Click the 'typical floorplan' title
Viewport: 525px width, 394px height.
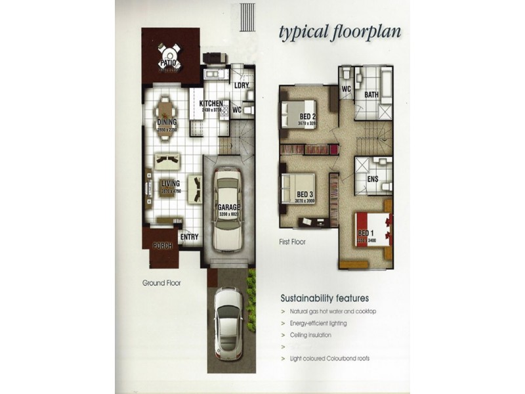pos(340,33)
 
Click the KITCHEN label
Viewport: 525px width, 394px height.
pos(211,104)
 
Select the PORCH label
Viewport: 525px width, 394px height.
pos(161,246)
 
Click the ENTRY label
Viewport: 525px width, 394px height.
pos(189,237)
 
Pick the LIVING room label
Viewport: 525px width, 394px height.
pos(169,184)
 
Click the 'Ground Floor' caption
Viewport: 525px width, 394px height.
pos(161,283)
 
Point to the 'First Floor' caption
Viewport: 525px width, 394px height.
pos(292,242)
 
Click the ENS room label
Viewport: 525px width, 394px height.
pos(373,179)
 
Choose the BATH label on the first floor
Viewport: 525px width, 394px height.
pos(371,95)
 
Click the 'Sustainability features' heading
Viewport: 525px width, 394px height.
pos(324,297)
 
